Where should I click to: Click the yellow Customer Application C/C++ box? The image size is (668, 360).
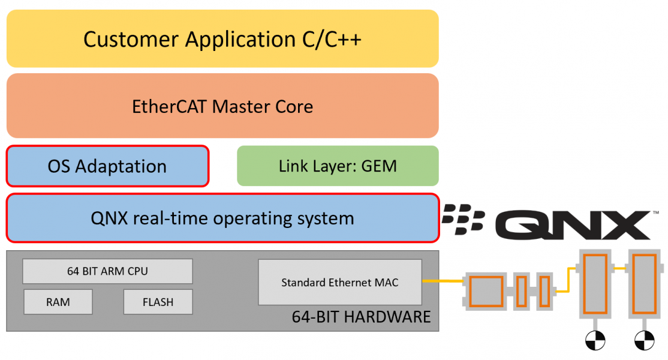point(222,38)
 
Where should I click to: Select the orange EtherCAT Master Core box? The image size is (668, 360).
point(222,107)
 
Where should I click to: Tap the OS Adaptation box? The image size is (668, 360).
point(107,166)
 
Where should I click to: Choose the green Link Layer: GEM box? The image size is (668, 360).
point(338,166)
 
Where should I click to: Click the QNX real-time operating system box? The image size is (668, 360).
point(222,218)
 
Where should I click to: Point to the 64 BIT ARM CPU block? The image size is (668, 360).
point(107,271)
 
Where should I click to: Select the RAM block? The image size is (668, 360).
point(58,302)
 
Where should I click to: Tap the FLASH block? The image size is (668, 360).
point(158,302)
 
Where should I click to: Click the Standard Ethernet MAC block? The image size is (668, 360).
point(340,282)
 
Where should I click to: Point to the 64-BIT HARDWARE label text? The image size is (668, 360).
point(361,317)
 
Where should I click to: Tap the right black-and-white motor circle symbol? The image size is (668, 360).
point(645,341)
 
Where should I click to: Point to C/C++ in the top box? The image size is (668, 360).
point(332,39)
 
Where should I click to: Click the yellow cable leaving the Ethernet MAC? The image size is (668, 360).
point(443,281)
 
